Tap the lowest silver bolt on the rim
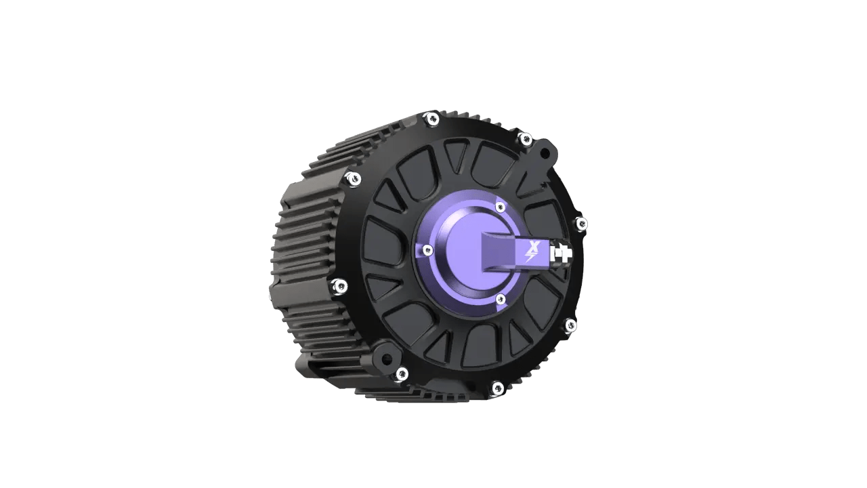point(497,388)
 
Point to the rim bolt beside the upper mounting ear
point(524,140)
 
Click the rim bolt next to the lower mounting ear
point(402,372)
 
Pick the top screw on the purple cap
point(500,206)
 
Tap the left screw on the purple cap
point(426,251)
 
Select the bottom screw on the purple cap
point(501,298)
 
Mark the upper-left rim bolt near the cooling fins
point(352,179)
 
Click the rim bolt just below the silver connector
point(570,325)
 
